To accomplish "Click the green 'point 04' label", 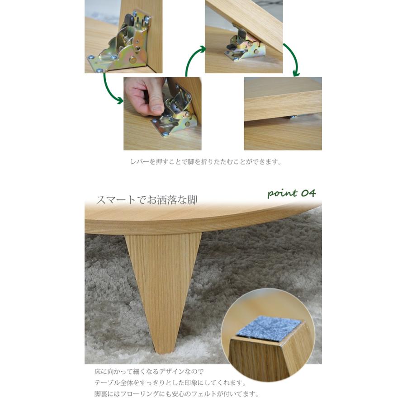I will (291, 194).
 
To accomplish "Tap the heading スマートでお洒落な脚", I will (147, 199).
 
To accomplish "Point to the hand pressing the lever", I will (144, 95).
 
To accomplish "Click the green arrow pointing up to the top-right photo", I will (192, 59).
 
